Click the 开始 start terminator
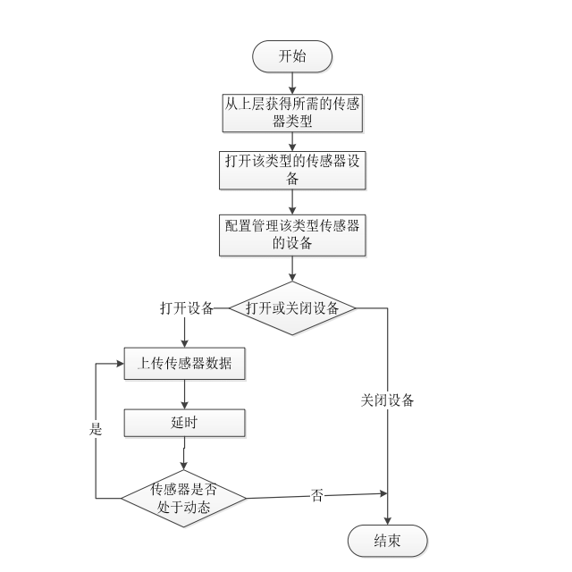(292, 56)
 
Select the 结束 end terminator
(387, 540)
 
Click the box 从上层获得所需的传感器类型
(292, 112)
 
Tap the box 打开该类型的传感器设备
(292, 169)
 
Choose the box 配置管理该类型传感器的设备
(292, 232)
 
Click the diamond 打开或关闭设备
(292, 308)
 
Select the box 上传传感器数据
(184, 364)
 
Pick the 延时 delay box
(184, 422)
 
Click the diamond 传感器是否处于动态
(183, 498)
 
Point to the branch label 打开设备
(186, 308)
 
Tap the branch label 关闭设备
(387, 400)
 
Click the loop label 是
(96, 429)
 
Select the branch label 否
(317, 494)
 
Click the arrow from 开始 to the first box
(292, 81)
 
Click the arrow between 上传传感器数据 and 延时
(184, 394)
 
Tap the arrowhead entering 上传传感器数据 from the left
(118, 364)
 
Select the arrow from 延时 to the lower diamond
(184, 453)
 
